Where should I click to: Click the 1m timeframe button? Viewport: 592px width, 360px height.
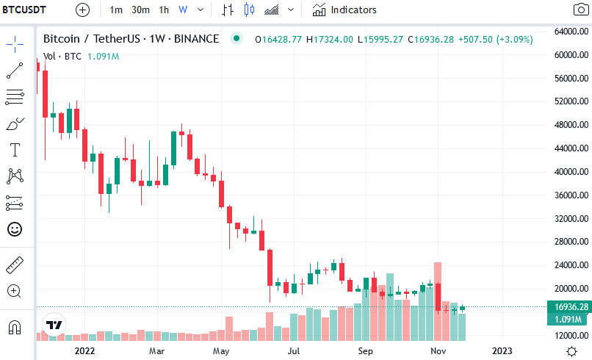click(116, 10)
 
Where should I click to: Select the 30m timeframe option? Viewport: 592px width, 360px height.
click(140, 10)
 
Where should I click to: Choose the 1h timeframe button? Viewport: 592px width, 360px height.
click(164, 10)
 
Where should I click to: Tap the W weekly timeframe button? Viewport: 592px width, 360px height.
click(183, 10)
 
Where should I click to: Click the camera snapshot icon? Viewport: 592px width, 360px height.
click(580, 10)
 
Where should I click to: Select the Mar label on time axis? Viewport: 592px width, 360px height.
click(156, 351)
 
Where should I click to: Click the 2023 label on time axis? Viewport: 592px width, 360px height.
click(502, 351)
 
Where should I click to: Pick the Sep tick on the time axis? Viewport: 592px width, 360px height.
click(366, 351)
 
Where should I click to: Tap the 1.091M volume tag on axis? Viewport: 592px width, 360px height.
click(568, 320)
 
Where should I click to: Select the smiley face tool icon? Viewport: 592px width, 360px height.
click(14, 229)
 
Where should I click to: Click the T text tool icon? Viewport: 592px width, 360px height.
click(14, 150)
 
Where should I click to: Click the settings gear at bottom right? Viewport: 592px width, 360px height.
click(572, 351)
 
